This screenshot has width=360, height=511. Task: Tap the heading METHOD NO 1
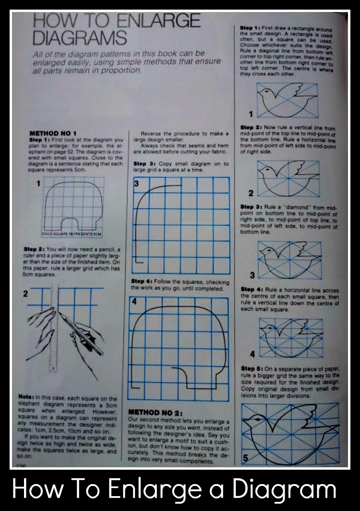click(53, 133)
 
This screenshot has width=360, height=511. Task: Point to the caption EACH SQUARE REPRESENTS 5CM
click(72, 234)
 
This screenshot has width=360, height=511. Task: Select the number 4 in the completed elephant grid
click(135, 302)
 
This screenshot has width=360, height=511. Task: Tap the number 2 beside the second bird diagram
click(251, 194)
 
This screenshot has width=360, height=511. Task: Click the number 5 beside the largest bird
click(245, 458)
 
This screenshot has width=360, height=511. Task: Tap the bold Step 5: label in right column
click(251, 368)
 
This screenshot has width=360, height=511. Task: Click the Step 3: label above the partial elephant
click(143, 163)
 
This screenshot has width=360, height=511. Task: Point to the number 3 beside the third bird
click(252, 275)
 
